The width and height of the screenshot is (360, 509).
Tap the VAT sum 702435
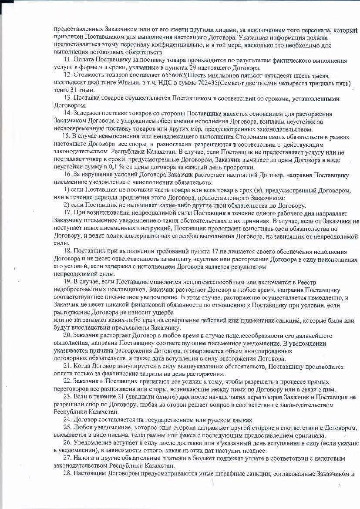coord(266,82)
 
